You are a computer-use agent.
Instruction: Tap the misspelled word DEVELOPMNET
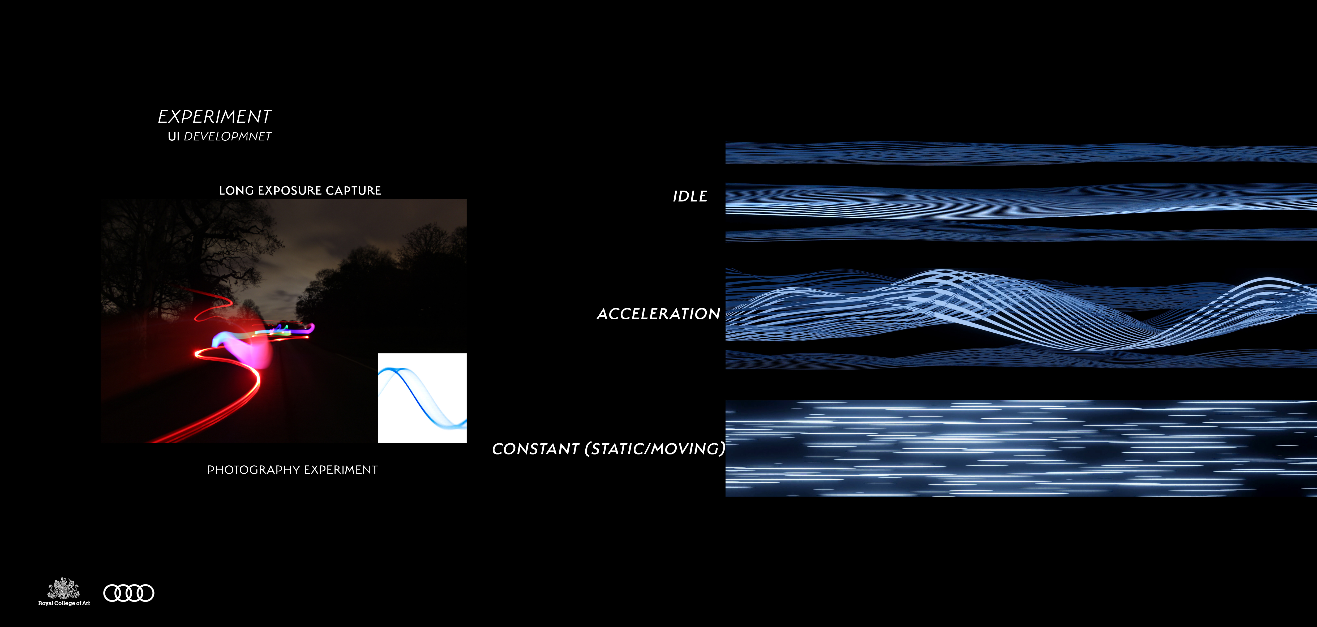(228, 136)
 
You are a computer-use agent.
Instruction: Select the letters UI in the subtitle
(174, 136)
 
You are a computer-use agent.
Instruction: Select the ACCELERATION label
(658, 313)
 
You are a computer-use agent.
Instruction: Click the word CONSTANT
(535, 449)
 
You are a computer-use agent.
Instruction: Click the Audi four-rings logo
(129, 593)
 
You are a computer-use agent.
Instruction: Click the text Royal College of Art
(64, 603)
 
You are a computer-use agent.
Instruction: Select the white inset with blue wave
(422, 398)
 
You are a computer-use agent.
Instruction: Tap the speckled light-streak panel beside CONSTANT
(1021, 448)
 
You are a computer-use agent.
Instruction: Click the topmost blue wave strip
(1021, 153)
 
